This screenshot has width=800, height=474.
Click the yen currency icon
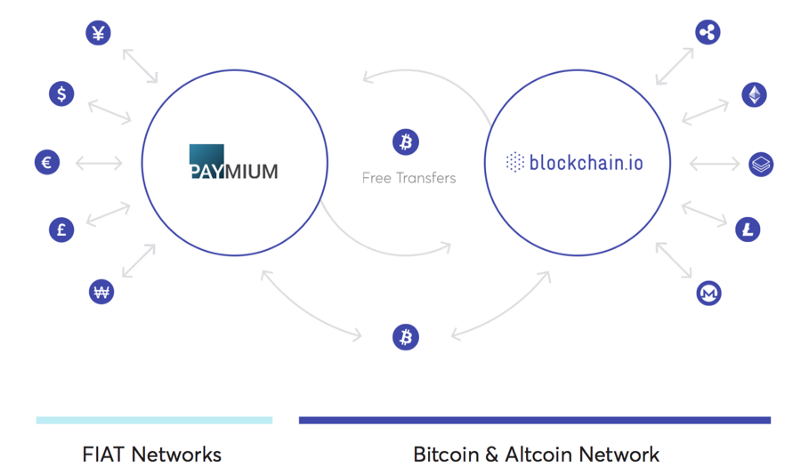[99, 32]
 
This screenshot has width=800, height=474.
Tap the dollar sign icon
[62, 94]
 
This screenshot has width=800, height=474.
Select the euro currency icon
[46, 162]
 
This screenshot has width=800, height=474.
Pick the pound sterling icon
[62, 230]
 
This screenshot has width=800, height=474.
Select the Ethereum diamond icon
[752, 95]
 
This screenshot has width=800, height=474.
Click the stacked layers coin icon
[762, 163]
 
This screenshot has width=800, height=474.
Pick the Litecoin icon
[748, 230]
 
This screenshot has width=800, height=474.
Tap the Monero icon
[709, 293]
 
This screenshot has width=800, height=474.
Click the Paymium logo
[233, 162]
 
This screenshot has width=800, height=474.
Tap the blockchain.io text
[587, 162]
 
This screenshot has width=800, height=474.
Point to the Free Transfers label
[408, 178]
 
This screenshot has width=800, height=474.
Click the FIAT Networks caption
[152, 455]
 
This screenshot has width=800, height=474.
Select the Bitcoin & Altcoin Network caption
[536, 455]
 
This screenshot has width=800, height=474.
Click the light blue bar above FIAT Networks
[154, 420]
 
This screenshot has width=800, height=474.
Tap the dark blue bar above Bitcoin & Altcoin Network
[534, 420]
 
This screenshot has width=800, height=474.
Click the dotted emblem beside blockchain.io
[515, 162]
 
